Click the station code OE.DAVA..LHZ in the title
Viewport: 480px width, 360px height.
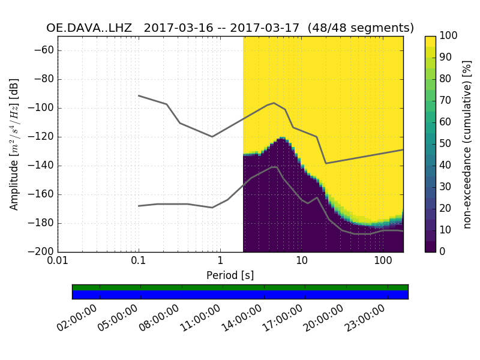click(x=89, y=28)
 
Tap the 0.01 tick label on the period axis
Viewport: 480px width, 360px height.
click(x=58, y=262)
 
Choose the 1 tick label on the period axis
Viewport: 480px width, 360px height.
click(x=220, y=262)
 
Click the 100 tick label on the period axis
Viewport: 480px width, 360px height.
click(x=383, y=262)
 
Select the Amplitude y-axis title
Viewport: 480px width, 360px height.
click(x=14, y=144)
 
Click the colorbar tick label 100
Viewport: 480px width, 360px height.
click(x=449, y=36)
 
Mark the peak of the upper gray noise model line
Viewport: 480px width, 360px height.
click(x=274, y=103)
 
